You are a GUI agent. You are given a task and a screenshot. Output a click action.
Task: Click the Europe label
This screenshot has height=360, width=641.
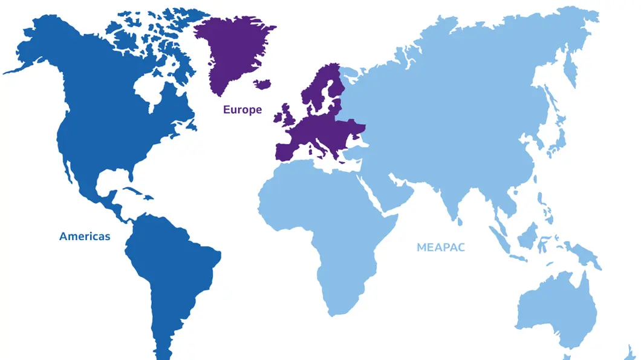[242, 110]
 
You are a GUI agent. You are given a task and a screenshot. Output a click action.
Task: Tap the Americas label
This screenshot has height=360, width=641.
[85, 237]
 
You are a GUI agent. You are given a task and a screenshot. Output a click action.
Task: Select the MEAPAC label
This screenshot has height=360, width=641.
[441, 247]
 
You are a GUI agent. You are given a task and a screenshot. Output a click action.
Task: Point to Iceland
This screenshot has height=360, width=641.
[262, 83]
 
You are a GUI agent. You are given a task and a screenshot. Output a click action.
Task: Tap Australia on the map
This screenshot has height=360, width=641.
[553, 309]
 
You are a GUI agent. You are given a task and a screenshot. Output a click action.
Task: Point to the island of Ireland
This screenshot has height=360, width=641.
[278, 118]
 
